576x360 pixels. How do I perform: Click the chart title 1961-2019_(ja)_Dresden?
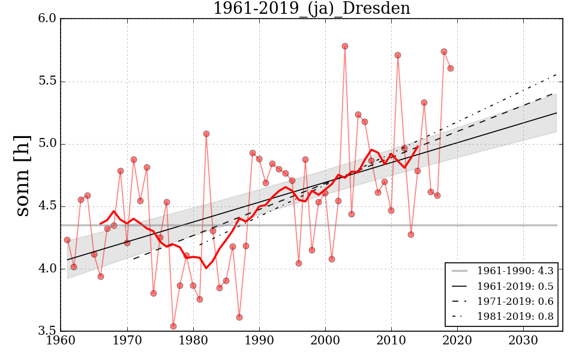(311, 9)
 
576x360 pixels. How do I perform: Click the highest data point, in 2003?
(345, 46)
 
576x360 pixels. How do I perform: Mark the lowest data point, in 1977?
(173, 326)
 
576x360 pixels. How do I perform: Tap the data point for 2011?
(398, 55)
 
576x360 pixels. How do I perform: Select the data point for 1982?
(206, 134)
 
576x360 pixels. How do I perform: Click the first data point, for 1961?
(67, 240)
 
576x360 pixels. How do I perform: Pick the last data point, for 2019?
(451, 68)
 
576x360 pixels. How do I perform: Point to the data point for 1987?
(239, 317)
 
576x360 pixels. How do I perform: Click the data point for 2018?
(444, 52)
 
